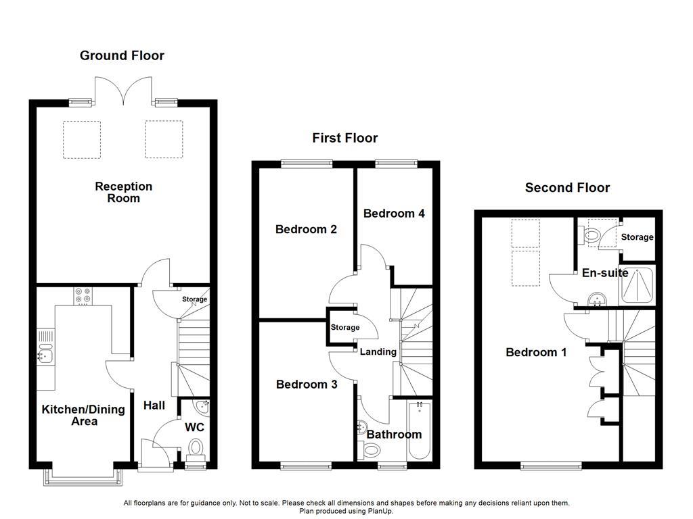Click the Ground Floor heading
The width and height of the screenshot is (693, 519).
(122, 55)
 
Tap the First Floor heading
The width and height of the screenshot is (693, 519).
(344, 138)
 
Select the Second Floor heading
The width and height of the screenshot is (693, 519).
(567, 188)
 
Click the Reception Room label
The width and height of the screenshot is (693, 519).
(123, 192)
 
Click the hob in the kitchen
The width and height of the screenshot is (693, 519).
(84, 296)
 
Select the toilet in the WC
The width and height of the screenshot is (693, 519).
(196, 448)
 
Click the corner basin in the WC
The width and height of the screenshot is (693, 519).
(202, 407)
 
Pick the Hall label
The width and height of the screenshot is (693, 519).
(154, 405)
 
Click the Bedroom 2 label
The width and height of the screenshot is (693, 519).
(306, 229)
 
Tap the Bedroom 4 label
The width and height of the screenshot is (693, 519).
(394, 214)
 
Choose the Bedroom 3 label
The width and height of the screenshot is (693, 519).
(307, 385)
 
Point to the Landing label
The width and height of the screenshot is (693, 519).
(378, 352)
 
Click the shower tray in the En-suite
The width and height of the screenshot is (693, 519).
(637, 287)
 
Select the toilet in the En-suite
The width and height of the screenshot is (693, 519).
(590, 235)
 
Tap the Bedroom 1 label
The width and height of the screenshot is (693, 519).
(536, 352)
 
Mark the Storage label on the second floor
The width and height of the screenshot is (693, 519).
(638, 237)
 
